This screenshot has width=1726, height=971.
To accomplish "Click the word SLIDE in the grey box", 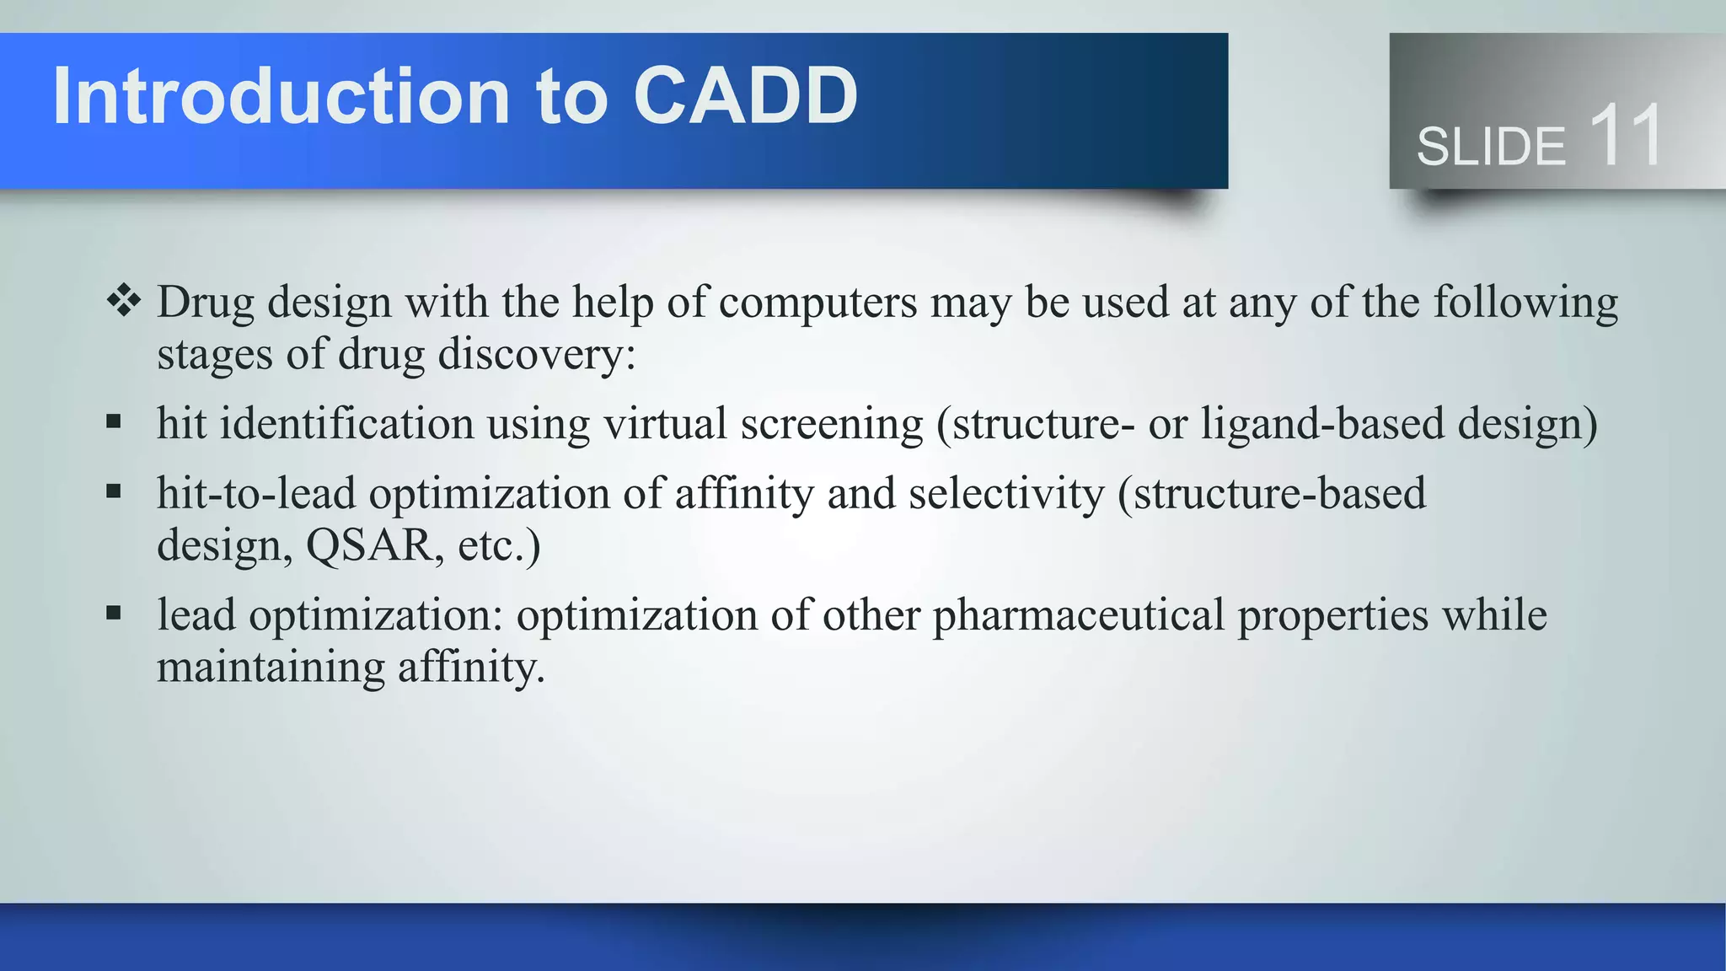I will tap(1491, 147).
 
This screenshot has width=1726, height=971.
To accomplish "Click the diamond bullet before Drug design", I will tap(124, 301).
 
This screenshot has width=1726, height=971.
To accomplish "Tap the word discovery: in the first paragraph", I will tap(537, 354).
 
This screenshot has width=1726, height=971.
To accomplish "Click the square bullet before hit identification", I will tap(114, 421).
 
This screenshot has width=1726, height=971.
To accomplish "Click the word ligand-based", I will tap(1322, 423).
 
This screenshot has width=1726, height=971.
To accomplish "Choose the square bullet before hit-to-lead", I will tap(114, 491).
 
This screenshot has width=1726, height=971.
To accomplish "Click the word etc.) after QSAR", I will tap(498, 545).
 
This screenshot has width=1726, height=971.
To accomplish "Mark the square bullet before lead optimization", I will tap(114, 613).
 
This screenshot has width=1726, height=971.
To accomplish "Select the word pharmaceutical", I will tap(1078, 615).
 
